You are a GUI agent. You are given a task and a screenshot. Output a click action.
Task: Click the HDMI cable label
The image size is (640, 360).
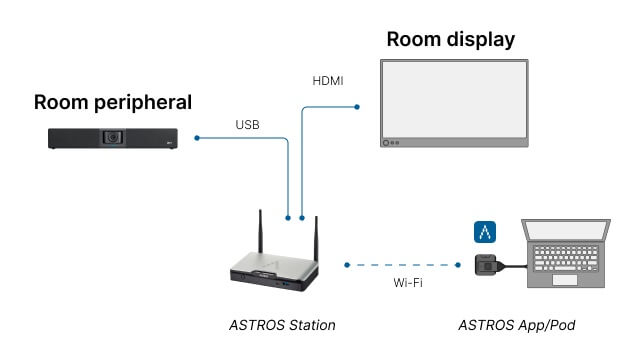tap(328, 81)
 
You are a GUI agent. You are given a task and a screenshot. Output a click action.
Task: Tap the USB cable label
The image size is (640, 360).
tap(247, 124)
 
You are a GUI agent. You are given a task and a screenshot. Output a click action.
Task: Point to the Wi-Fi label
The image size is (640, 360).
tap(408, 282)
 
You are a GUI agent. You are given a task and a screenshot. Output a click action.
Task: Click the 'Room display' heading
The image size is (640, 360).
tap(451, 40)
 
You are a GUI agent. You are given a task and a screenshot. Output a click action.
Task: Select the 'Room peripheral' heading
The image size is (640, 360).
tap(113, 102)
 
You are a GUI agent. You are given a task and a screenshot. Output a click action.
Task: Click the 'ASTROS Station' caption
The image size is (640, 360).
tap(282, 325)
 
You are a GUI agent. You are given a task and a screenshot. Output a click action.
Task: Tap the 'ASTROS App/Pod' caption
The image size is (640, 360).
tap(517, 325)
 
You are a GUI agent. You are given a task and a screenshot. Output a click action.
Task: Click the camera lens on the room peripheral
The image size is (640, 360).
tap(113, 137)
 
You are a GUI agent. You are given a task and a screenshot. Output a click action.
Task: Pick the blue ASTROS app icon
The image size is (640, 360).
tap(485, 232)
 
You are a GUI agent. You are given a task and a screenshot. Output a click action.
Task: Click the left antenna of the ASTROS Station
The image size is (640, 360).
tap(260, 232)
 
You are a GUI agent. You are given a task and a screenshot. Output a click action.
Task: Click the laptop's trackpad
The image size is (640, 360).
tap(564, 280)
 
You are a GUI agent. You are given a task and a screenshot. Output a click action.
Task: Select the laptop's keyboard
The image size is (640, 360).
tap(566, 258)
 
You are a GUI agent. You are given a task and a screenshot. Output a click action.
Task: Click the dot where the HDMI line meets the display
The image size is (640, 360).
tap(357, 107)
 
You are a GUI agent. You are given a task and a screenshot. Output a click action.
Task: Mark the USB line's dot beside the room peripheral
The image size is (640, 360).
tap(197, 138)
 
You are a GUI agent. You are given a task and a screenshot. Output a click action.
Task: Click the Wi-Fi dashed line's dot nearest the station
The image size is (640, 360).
tap(347, 265)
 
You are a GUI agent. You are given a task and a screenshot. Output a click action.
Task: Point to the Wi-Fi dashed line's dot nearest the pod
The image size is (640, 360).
tap(458, 265)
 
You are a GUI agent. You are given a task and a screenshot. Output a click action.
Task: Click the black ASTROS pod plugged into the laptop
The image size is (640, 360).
tap(486, 265)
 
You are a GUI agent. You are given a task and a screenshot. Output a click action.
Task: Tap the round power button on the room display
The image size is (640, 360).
tap(386, 143)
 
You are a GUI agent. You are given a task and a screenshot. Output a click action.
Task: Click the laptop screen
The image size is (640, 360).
tap(566, 231)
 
